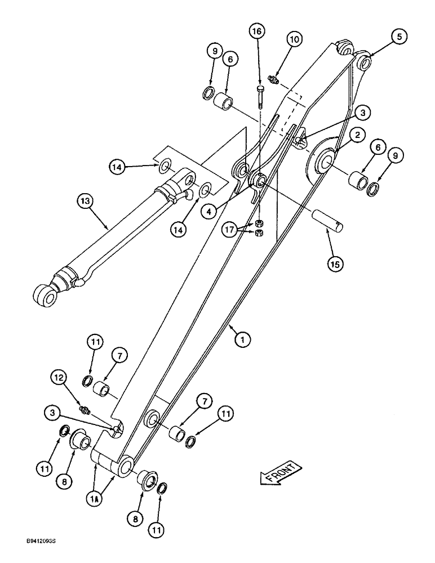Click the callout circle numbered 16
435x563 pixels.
257,32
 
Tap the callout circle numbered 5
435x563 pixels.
398,37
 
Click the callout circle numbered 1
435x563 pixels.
242,339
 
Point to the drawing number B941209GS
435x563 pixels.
30,555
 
